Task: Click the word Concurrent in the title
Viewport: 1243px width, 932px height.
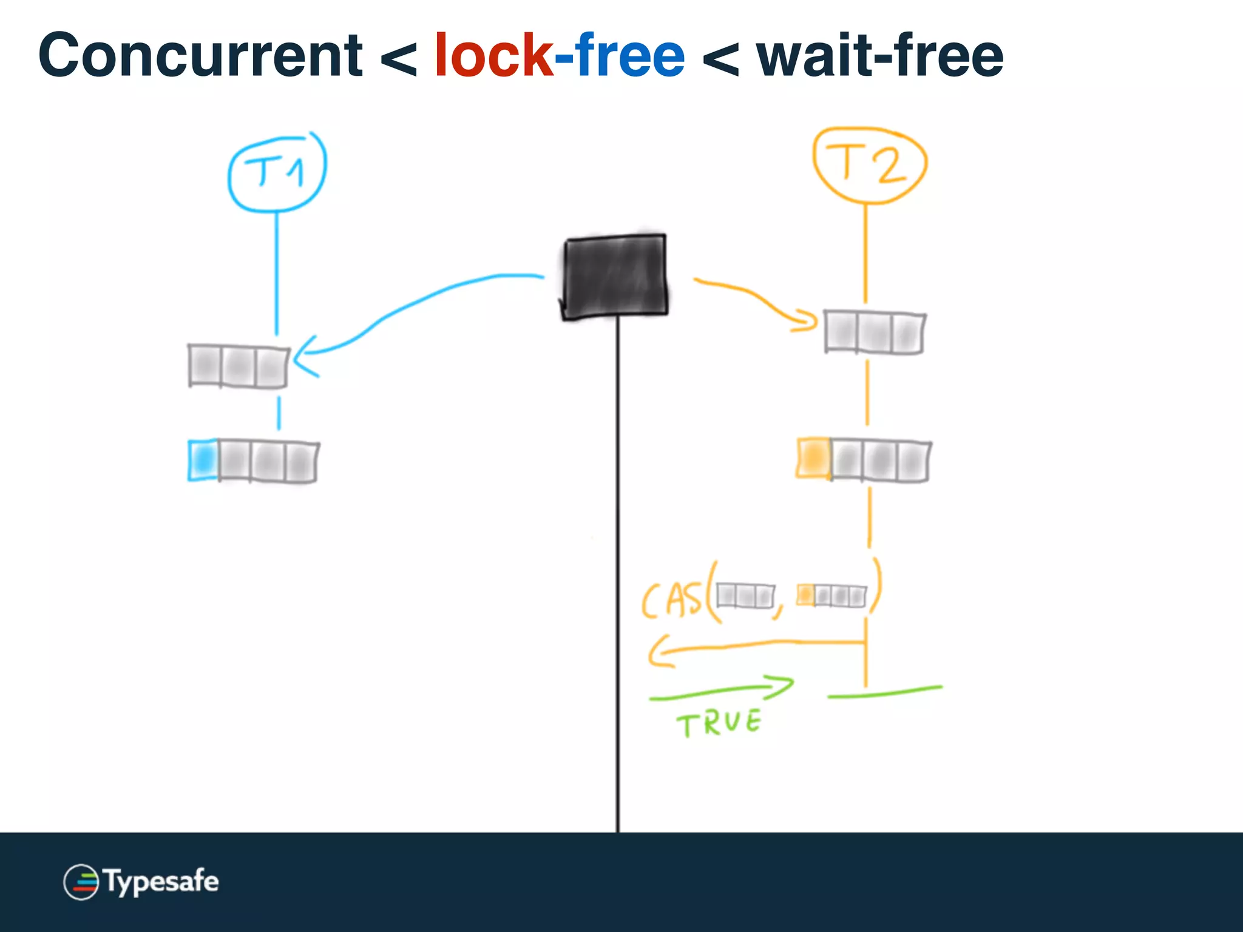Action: click(200, 56)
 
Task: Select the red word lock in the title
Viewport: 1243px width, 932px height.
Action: click(493, 56)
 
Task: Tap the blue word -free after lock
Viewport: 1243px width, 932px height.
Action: click(620, 56)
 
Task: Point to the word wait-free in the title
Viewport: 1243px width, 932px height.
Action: click(880, 56)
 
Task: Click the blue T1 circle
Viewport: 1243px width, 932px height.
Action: click(277, 173)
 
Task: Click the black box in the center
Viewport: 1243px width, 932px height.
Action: click(614, 276)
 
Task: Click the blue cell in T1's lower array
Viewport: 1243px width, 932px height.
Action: click(203, 460)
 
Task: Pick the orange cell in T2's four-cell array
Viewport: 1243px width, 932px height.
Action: click(813, 458)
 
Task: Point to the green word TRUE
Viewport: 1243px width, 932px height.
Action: click(719, 723)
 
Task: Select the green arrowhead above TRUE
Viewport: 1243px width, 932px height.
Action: click(783, 686)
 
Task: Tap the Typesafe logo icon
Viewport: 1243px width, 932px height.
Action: click(81, 882)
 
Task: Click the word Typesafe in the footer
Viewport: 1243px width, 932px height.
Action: click(161, 882)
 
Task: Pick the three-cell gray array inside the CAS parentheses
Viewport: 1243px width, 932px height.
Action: click(745, 595)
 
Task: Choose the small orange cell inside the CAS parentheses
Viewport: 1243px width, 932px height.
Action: click(805, 594)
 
